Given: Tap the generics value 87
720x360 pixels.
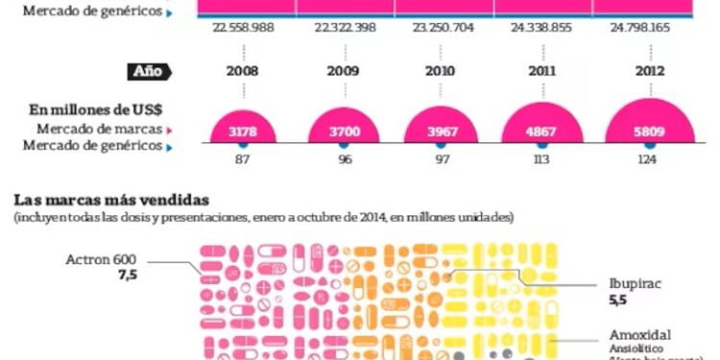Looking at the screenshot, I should [243, 159].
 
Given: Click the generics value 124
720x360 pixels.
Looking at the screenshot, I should [648, 159].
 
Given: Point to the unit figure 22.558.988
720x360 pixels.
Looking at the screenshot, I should [243, 28].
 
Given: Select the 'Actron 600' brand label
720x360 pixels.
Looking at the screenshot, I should [102, 260].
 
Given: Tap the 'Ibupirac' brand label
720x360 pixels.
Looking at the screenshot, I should [636, 285].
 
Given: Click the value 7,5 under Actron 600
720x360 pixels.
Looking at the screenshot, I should [128, 276].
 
